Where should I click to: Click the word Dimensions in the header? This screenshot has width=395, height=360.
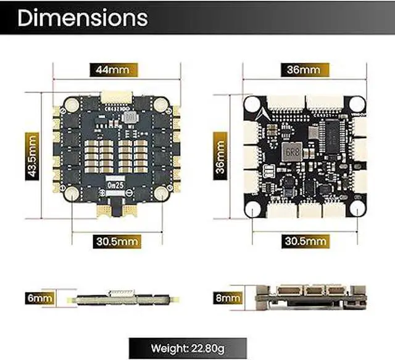click(83, 18)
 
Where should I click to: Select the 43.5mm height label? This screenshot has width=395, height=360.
click(33, 156)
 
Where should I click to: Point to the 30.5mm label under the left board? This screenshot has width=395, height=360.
click(116, 240)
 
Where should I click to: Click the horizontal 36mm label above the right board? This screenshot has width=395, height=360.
click(302, 70)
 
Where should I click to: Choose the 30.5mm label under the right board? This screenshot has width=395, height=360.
click(302, 240)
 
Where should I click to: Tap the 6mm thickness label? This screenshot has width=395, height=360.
click(39, 298)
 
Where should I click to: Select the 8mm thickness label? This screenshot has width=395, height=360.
click(227, 299)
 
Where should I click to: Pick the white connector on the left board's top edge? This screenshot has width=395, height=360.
click(116, 97)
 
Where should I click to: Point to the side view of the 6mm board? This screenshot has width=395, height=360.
click(115, 298)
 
